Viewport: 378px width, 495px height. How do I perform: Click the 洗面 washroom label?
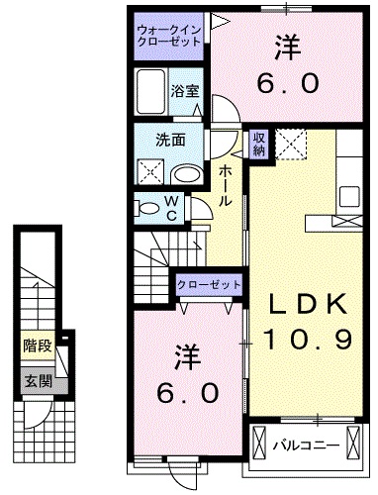point(169,140)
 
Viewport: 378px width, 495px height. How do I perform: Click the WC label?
point(170,209)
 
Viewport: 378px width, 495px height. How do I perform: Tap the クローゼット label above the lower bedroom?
point(210,284)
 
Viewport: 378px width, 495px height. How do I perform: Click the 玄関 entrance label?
point(37,381)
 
